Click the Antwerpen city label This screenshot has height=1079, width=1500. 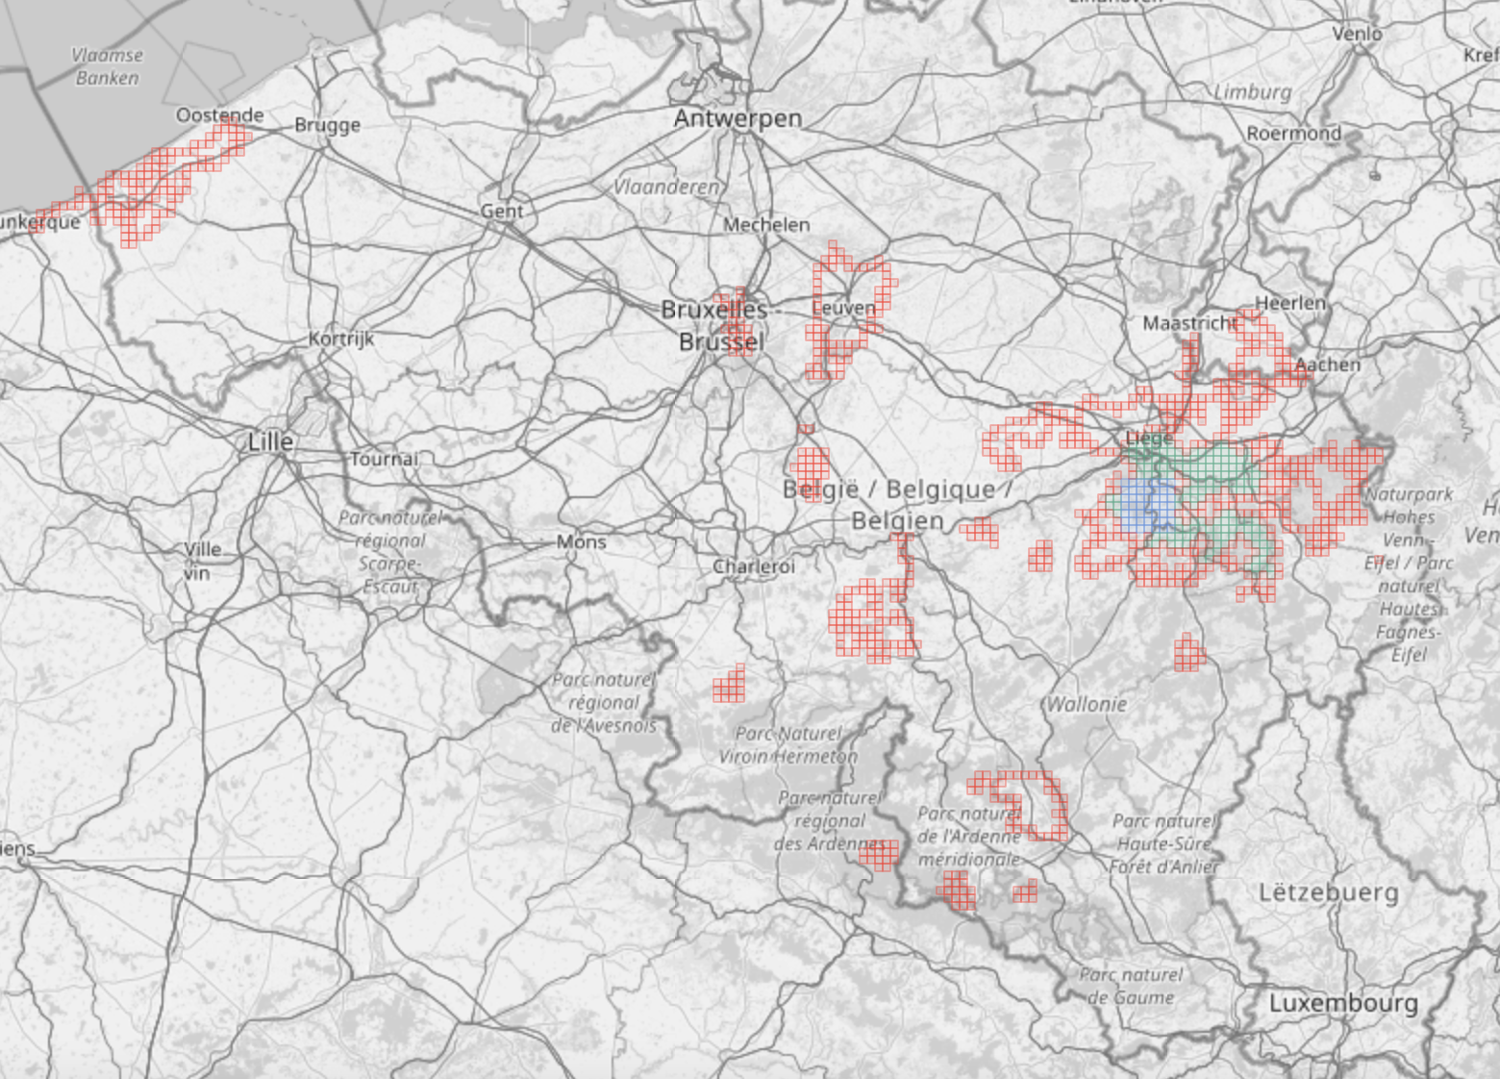pos(737,118)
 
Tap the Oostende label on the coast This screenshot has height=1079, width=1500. pos(219,115)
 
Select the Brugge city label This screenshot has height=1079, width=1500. pos(327,125)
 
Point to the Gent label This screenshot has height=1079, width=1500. pos(502,211)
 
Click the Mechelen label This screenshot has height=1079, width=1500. pos(766,224)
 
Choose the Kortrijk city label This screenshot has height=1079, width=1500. pos(341,339)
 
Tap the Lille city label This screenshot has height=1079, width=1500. pos(270,442)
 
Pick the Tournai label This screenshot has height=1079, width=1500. pos(384,459)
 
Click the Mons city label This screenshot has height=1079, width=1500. pos(581,541)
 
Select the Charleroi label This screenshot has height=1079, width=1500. pos(754,566)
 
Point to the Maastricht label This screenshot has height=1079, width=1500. pos(1189,323)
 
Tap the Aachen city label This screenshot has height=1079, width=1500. pos(1328,364)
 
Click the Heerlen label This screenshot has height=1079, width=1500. pos(1290,303)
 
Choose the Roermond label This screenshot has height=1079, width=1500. pos(1293,133)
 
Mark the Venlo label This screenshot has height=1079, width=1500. pos(1357,34)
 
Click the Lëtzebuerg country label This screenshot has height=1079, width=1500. pos(1329,892)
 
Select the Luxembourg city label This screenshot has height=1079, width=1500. pos(1343,1003)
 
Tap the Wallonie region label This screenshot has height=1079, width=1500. pos(1087,704)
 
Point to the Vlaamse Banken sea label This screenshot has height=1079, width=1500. pos(107,66)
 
